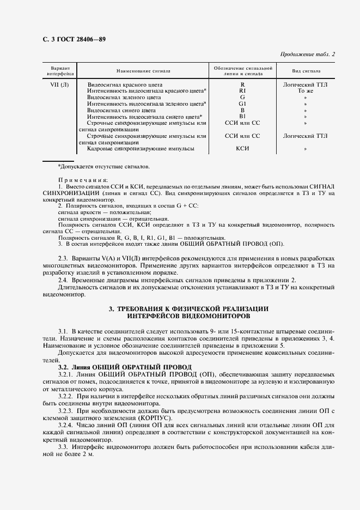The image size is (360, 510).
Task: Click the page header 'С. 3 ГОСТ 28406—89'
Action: tap(70, 40)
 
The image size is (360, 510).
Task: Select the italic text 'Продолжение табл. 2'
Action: tap(307, 54)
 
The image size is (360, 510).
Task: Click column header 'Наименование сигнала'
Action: tap(143, 71)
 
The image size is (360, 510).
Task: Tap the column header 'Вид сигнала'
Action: tap(306, 71)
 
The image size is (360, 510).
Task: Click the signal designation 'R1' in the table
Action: tap(242, 91)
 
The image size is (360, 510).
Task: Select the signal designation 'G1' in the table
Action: tap(242, 104)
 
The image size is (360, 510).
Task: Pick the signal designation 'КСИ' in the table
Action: tap(242, 148)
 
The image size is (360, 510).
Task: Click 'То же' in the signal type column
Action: tap(306, 91)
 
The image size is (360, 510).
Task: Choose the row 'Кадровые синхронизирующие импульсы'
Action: tap(141, 148)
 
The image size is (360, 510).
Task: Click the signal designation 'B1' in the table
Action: tap(242, 116)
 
